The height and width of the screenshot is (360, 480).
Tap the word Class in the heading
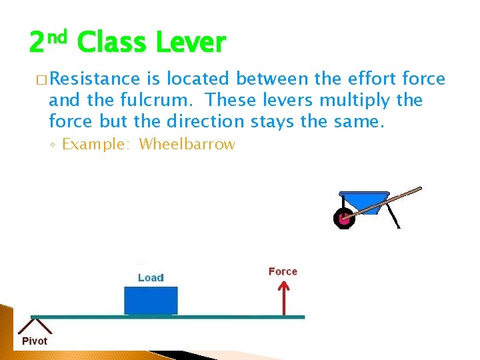point(111,43)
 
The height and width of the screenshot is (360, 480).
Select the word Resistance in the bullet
point(94,79)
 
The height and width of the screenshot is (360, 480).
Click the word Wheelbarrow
point(187,144)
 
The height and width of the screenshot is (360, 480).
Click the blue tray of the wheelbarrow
point(363,201)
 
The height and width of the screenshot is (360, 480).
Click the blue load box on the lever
point(151,300)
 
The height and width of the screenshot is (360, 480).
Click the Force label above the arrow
point(283,271)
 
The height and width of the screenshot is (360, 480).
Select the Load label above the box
point(151,277)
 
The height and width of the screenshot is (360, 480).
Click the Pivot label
point(35,341)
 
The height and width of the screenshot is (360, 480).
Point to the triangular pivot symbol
point(34,325)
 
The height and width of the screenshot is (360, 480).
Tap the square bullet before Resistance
point(41,80)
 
